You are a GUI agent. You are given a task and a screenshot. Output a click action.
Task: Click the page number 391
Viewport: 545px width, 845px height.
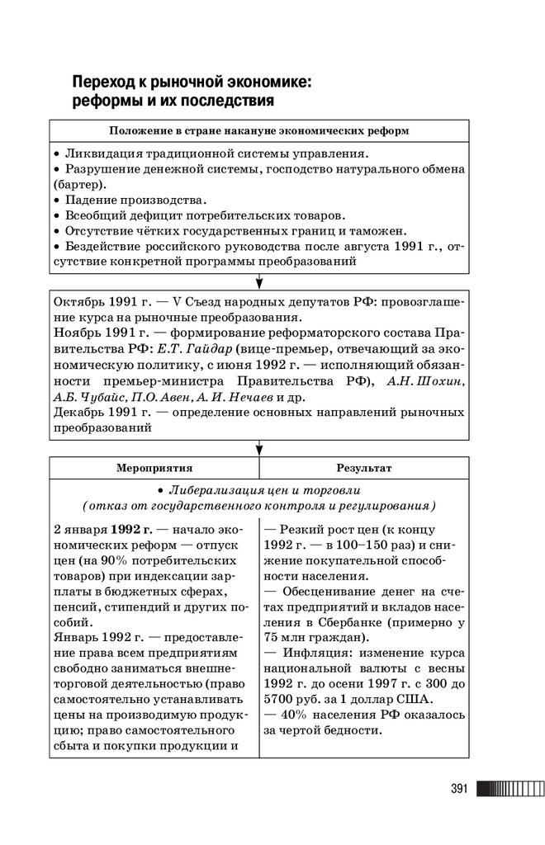click(x=459, y=789)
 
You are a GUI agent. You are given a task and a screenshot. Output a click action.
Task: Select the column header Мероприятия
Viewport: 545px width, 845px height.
click(x=154, y=467)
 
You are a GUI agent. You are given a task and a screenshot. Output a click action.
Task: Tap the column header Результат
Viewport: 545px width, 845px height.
click(x=364, y=467)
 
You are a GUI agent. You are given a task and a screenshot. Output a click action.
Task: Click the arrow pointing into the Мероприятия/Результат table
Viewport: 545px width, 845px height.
click(x=258, y=447)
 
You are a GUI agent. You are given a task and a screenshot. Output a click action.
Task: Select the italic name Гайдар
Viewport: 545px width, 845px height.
click(x=215, y=348)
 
